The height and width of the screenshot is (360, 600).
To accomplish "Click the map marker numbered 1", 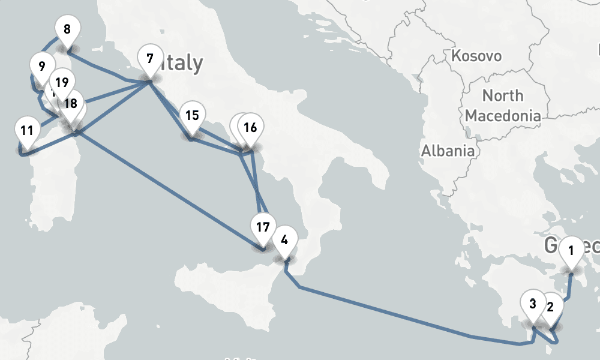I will (571, 250).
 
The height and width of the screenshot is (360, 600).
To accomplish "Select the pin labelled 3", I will (533, 304).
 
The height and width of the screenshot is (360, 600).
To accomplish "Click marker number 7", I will (149, 59).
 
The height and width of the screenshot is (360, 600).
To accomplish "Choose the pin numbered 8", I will (67, 29).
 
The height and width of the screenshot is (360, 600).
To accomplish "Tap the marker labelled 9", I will (41, 67).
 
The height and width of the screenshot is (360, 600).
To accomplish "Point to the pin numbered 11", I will (26, 131).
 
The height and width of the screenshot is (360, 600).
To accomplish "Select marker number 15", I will (192, 115).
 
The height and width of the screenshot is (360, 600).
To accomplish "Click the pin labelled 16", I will (251, 127).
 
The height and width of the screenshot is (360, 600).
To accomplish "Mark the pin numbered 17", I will (262, 227).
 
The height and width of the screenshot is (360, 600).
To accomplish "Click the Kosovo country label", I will (476, 56).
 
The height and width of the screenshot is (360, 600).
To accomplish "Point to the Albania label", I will (448, 151).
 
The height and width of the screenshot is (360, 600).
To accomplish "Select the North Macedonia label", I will (503, 105).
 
